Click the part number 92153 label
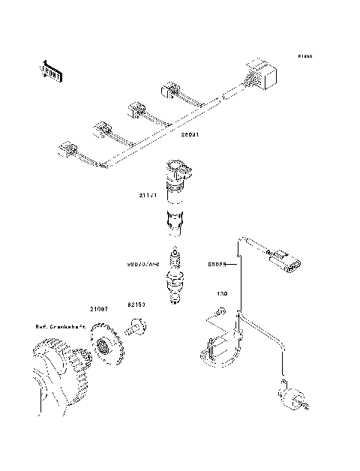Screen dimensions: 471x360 [x=136, y=305]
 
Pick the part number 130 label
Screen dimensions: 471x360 [x=222, y=293]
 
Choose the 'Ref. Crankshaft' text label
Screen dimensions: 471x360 [x=60, y=326]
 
